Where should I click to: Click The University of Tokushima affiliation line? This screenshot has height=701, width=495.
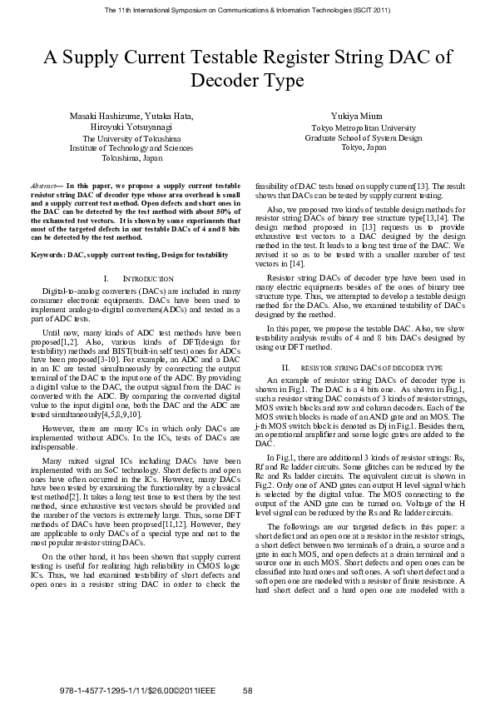[131, 138]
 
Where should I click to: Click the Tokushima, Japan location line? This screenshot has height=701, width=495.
[131, 157]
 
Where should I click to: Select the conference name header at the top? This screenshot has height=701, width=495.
[247, 9]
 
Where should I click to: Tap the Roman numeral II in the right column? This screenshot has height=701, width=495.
[285, 367]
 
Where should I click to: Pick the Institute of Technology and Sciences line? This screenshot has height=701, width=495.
[131, 147]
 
